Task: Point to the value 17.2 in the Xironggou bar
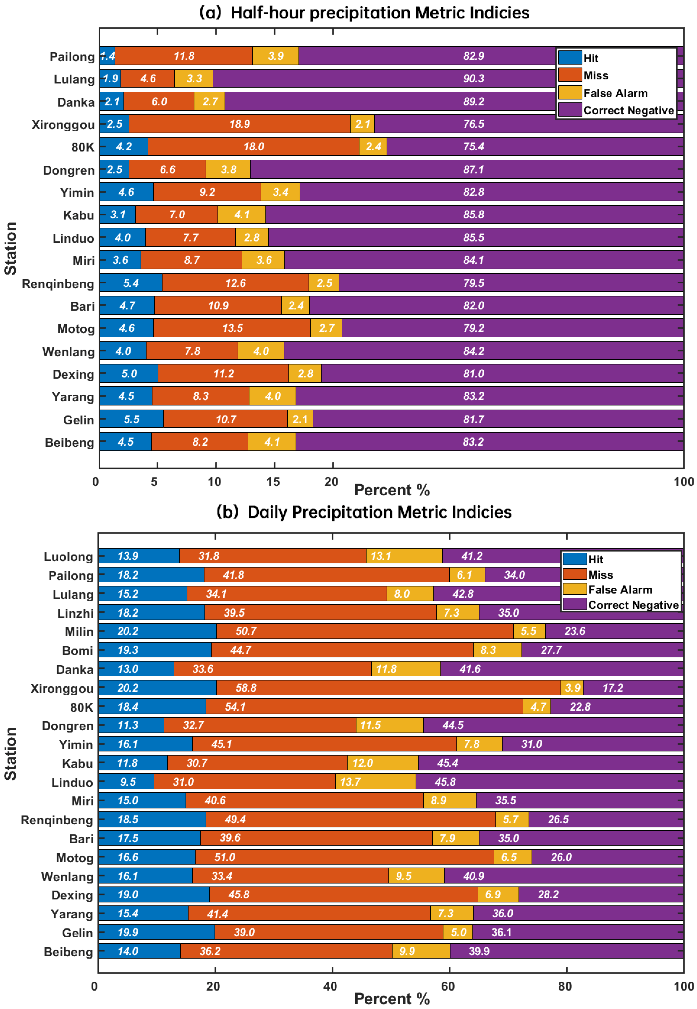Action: [613, 688]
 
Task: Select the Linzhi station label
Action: [75, 613]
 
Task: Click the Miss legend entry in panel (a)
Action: [596, 76]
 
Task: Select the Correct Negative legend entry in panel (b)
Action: [633, 605]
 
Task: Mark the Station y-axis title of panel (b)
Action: [11, 753]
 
